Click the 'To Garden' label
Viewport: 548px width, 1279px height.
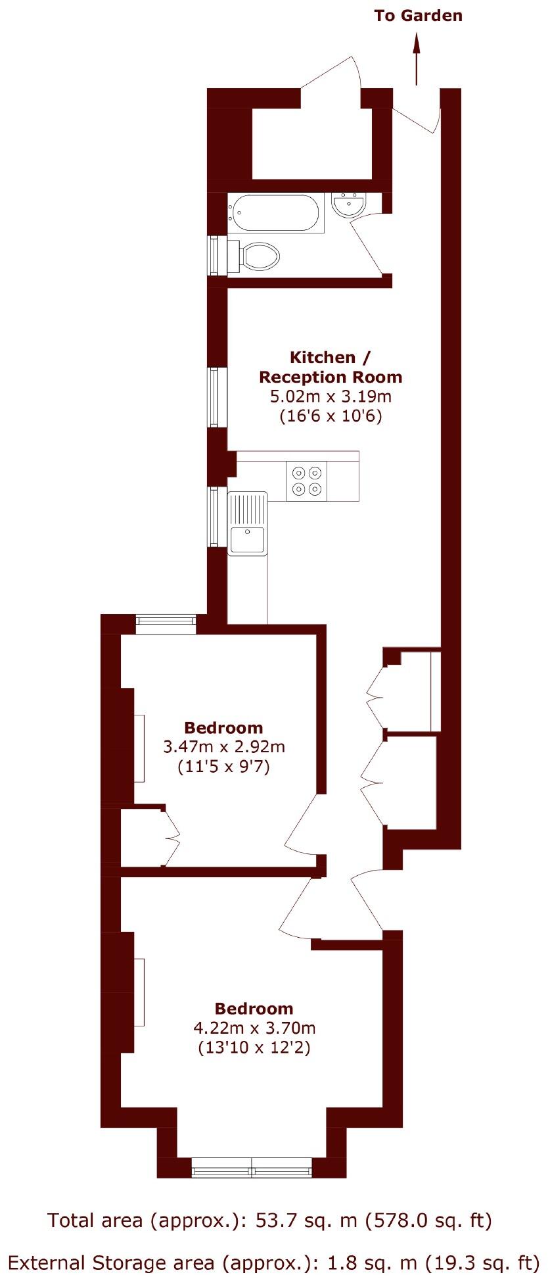coord(418,16)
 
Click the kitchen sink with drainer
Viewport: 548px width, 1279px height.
coord(248,523)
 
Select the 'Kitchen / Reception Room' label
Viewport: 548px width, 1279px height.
coord(330,367)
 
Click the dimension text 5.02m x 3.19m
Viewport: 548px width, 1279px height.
coord(331,397)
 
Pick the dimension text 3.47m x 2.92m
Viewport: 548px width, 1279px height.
coord(223,747)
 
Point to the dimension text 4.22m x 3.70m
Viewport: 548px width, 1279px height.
coord(254,1028)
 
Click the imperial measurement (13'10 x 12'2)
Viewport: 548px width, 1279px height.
coord(254,1048)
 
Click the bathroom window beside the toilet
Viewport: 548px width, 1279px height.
coord(214,255)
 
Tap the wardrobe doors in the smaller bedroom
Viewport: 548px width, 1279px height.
coord(172,837)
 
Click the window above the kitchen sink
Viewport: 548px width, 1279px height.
coord(214,517)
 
